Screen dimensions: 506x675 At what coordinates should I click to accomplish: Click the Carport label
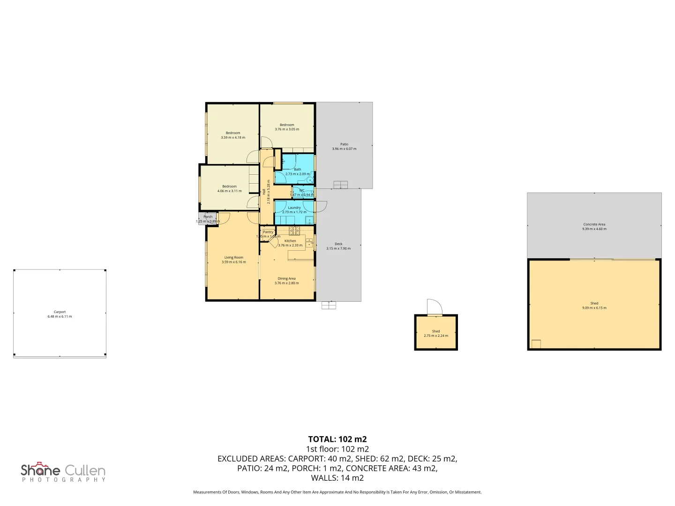point(60,312)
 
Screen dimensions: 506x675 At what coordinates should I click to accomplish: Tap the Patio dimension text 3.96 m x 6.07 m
point(344,149)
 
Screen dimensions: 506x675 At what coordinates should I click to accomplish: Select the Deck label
point(338,244)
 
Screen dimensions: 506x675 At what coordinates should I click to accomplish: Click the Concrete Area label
point(594,224)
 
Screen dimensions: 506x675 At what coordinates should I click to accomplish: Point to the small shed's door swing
point(435,307)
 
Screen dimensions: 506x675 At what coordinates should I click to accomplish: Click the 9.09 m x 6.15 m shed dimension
point(594,308)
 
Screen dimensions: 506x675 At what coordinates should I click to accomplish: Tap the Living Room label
point(233,258)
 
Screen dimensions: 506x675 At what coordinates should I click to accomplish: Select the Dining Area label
point(286,279)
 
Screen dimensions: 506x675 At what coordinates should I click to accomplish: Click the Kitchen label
point(290,241)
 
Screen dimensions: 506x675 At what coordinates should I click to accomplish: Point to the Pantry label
point(268,232)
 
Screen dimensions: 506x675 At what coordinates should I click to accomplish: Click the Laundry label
point(294,208)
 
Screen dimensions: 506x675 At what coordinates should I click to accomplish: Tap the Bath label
point(298,170)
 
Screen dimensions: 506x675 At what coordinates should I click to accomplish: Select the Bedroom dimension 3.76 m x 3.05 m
point(287,129)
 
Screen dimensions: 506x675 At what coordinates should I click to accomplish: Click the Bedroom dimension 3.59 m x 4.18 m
point(233,138)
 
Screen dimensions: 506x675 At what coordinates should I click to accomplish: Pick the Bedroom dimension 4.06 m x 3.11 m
point(230,191)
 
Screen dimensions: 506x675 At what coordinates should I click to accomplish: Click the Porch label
point(208,217)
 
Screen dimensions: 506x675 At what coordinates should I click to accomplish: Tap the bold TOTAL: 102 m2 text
point(337,439)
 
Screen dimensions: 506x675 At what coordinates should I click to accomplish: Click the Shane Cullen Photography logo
point(63,472)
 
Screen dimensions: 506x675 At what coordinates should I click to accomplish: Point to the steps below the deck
point(329,305)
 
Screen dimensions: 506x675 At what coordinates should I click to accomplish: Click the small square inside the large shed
point(536,344)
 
